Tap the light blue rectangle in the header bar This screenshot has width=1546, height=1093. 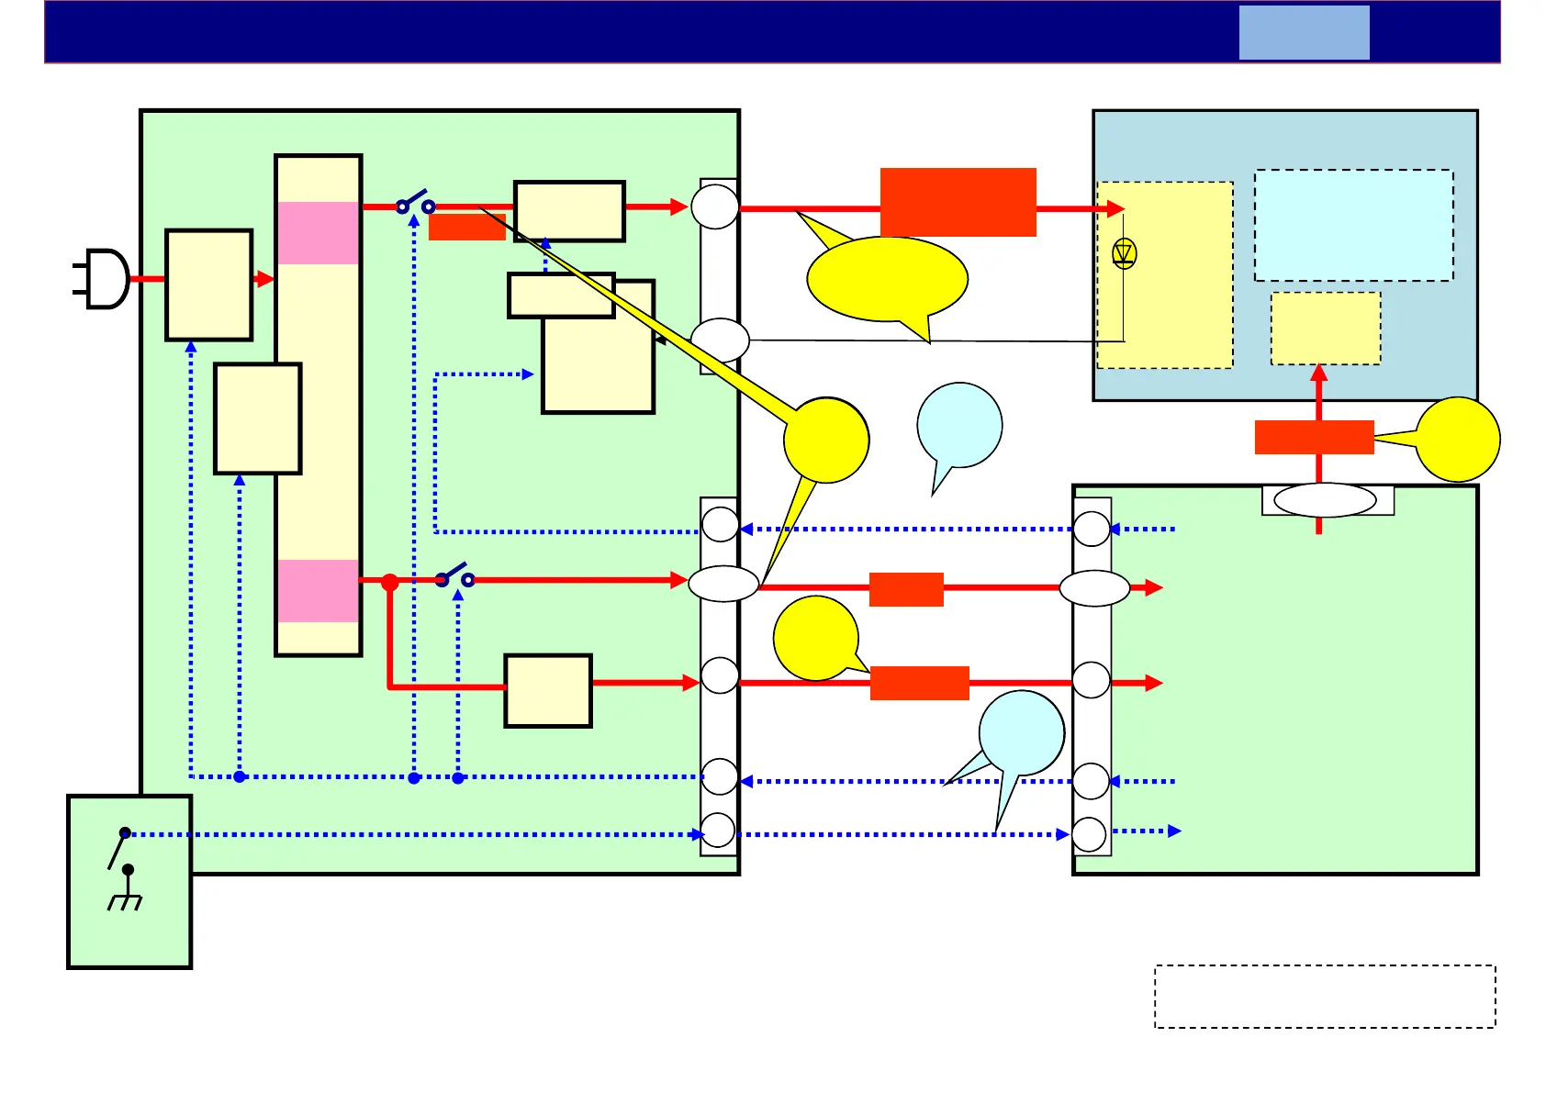[x=1304, y=33]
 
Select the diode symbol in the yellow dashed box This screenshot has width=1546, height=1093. [x=1124, y=252]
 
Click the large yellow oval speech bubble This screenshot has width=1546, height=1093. [x=887, y=279]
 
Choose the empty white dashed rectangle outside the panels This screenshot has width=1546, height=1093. [x=1325, y=996]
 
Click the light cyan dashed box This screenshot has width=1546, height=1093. [x=1353, y=225]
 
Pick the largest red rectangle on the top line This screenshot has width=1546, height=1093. [x=958, y=202]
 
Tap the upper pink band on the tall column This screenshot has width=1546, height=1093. [x=319, y=233]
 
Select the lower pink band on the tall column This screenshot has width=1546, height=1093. [x=319, y=591]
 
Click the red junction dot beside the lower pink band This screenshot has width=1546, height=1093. [x=390, y=582]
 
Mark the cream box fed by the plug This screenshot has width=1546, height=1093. [x=209, y=284]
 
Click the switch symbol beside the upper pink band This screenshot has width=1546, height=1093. [x=415, y=203]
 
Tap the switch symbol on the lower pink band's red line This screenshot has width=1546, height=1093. [x=455, y=576]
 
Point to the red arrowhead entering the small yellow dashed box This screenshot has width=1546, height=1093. [x=1318, y=373]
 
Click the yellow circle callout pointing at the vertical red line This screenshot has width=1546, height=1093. [x=1458, y=440]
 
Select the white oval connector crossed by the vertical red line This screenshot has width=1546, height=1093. [x=1325, y=500]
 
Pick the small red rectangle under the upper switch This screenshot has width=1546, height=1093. [x=467, y=228]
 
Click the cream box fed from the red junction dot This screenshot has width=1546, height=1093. [x=548, y=691]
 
